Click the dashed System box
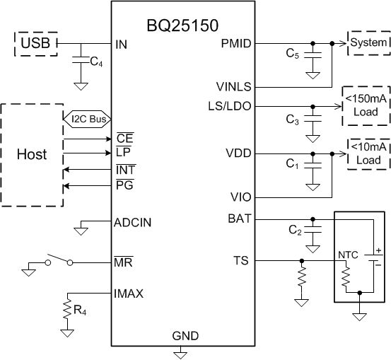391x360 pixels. [368, 43]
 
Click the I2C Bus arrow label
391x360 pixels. [88, 119]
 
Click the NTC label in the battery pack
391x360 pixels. [348, 253]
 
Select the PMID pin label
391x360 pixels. [235, 44]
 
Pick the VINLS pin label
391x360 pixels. [233, 86]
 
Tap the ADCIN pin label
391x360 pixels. [132, 222]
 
